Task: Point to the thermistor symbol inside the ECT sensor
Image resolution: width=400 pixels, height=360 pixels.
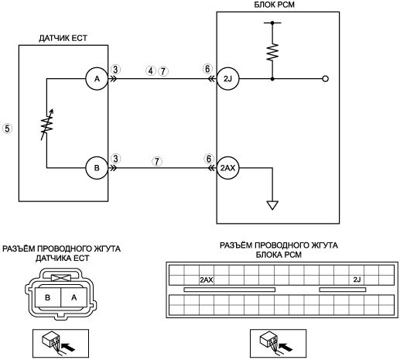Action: [x=47, y=125]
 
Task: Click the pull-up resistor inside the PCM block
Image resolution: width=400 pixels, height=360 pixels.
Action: [x=272, y=53]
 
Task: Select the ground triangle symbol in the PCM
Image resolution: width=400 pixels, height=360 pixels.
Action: [x=272, y=205]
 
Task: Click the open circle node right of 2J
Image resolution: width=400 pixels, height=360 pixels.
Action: [x=326, y=79]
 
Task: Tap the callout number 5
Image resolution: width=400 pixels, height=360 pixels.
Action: [x=7, y=129]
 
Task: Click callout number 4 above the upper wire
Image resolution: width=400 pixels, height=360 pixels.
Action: [x=151, y=70]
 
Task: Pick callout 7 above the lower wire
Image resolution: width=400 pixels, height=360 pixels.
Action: [x=157, y=161]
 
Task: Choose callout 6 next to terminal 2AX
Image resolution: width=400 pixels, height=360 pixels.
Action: [x=209, y=159]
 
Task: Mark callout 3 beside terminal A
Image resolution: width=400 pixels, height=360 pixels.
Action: [x=115, y=69]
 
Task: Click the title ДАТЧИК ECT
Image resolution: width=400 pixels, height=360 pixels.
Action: [x=63, y=38]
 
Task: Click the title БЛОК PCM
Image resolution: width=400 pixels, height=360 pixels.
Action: [x=274, y=5]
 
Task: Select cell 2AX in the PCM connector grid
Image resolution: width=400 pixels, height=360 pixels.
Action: [x=207, y=279]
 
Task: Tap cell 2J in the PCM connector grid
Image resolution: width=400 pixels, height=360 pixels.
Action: [x=357, y=279]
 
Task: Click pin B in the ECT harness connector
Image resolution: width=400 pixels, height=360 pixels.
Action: [x=48, y=297]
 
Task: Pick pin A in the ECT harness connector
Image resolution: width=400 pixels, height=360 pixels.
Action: [x=74, y=297]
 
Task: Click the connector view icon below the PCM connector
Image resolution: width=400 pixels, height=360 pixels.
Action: [x=278, y=343]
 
